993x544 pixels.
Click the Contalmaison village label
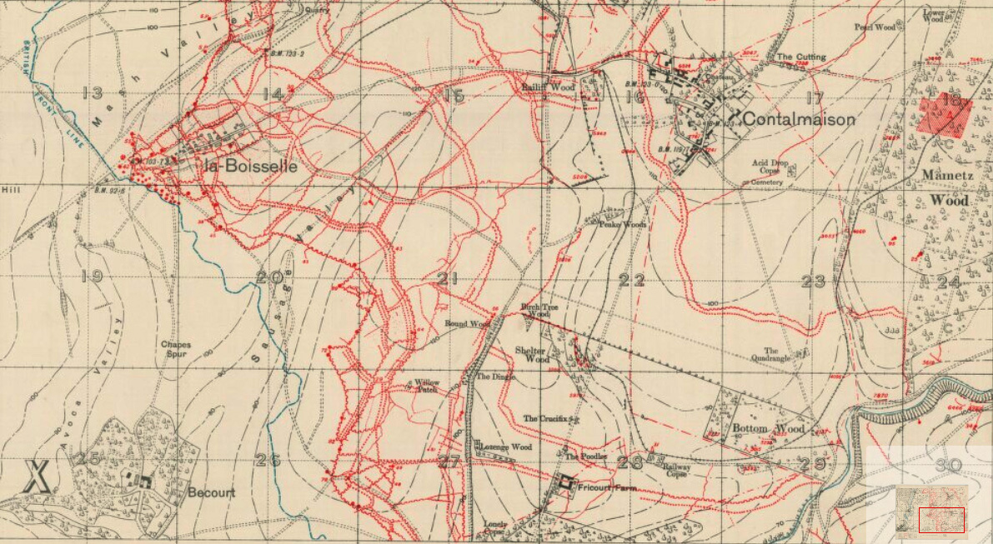pyautogui.click(x=799, y=119)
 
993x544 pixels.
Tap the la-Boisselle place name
pyautogui.click(x=250, y=166)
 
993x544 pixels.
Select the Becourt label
pyautogui.click(x=211, y=492)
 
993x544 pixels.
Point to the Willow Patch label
pyautogui.click(x=426, y=385)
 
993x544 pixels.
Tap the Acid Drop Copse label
pyautogui.click(x=770, y=167)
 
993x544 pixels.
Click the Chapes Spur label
pyautogui.click(x=176, y=349)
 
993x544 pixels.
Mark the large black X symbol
pyautogui.click(x=36, y=476)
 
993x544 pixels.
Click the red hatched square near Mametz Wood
pyautogui.click(x=945, y=116)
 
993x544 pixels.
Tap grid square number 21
pyautogui.click(x=449, y=278)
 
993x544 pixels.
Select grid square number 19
pyautogui.click(x=92, y=276)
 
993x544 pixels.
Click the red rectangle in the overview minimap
pyautogui.click(x=941, y=520)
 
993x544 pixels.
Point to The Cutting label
pyautogui.click(x=801, y=57)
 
